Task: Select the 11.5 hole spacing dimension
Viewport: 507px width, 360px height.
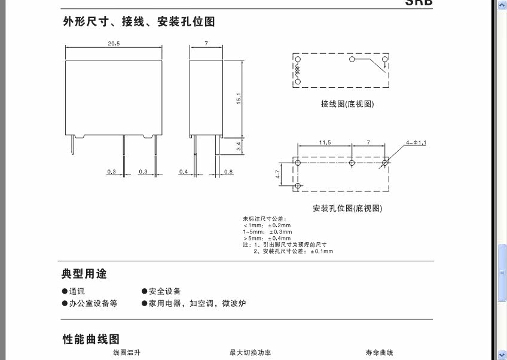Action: (325, 142)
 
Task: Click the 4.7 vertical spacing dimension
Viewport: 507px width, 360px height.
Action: (278, 175)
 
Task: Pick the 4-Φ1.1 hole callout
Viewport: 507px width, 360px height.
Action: (416, 142)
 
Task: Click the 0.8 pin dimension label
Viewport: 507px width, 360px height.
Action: (228, 172)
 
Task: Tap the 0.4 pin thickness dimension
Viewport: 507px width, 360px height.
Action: (183, 172)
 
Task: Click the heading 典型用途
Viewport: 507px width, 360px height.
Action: (84, 274)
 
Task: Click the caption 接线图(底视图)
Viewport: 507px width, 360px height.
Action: (347, 104)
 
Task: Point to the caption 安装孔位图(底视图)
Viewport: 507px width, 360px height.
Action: (347, 208)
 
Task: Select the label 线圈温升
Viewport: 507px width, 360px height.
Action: (126, 353)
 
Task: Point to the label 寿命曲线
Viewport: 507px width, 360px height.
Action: (380, 353)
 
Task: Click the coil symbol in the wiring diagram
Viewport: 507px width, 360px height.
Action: (297, 71)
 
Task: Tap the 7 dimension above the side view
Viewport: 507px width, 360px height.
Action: (206, 44)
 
